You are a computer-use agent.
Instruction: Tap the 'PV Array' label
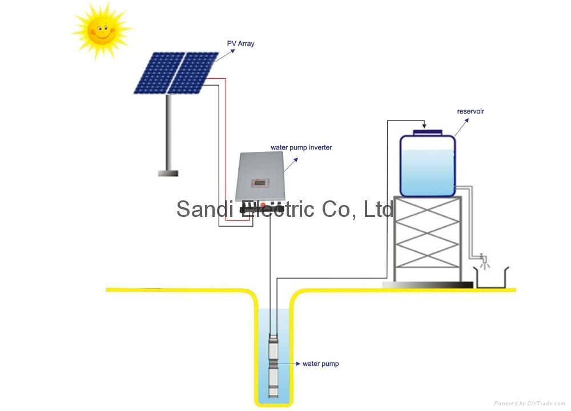(x=240, y=43)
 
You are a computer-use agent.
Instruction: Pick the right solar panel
(x=194, y=73)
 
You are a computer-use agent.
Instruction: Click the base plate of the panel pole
(x=168, y=173)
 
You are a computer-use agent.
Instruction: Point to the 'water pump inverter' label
(x=301, y=147)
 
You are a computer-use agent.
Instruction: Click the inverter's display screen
(x=255, y=184)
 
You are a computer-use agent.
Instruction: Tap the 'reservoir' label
(x=471, y=111)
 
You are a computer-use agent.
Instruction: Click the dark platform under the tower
(x=427, y=284)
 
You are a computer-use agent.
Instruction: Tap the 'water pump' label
(x=320, y=364)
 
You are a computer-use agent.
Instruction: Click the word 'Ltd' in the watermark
(x=378, y=209)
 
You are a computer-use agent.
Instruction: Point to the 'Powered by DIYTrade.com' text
(x=530, y=403)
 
